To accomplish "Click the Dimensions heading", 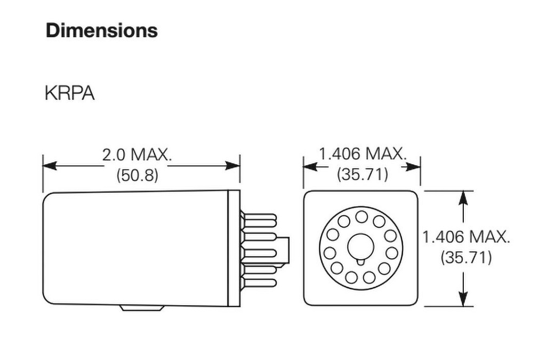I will click(x=101, y=30).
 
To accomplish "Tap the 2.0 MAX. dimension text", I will click(x=137, y=155).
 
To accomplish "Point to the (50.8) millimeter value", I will click(x=137, y=175).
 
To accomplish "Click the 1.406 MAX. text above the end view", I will click(x=363, y=155).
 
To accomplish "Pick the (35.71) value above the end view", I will click(x=363, y=174).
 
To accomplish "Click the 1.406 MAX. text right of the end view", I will click(x=466, y=237).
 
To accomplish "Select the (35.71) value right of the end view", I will click(x=466, y=258).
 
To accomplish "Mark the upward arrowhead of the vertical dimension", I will click(x=463, y=198).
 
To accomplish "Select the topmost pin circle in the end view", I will click(x=362, y=216).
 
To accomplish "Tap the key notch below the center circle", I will click(x=361, y=261).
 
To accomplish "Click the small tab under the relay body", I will click(x=141, y=308).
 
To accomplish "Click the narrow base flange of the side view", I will click(x=234, y=249).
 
